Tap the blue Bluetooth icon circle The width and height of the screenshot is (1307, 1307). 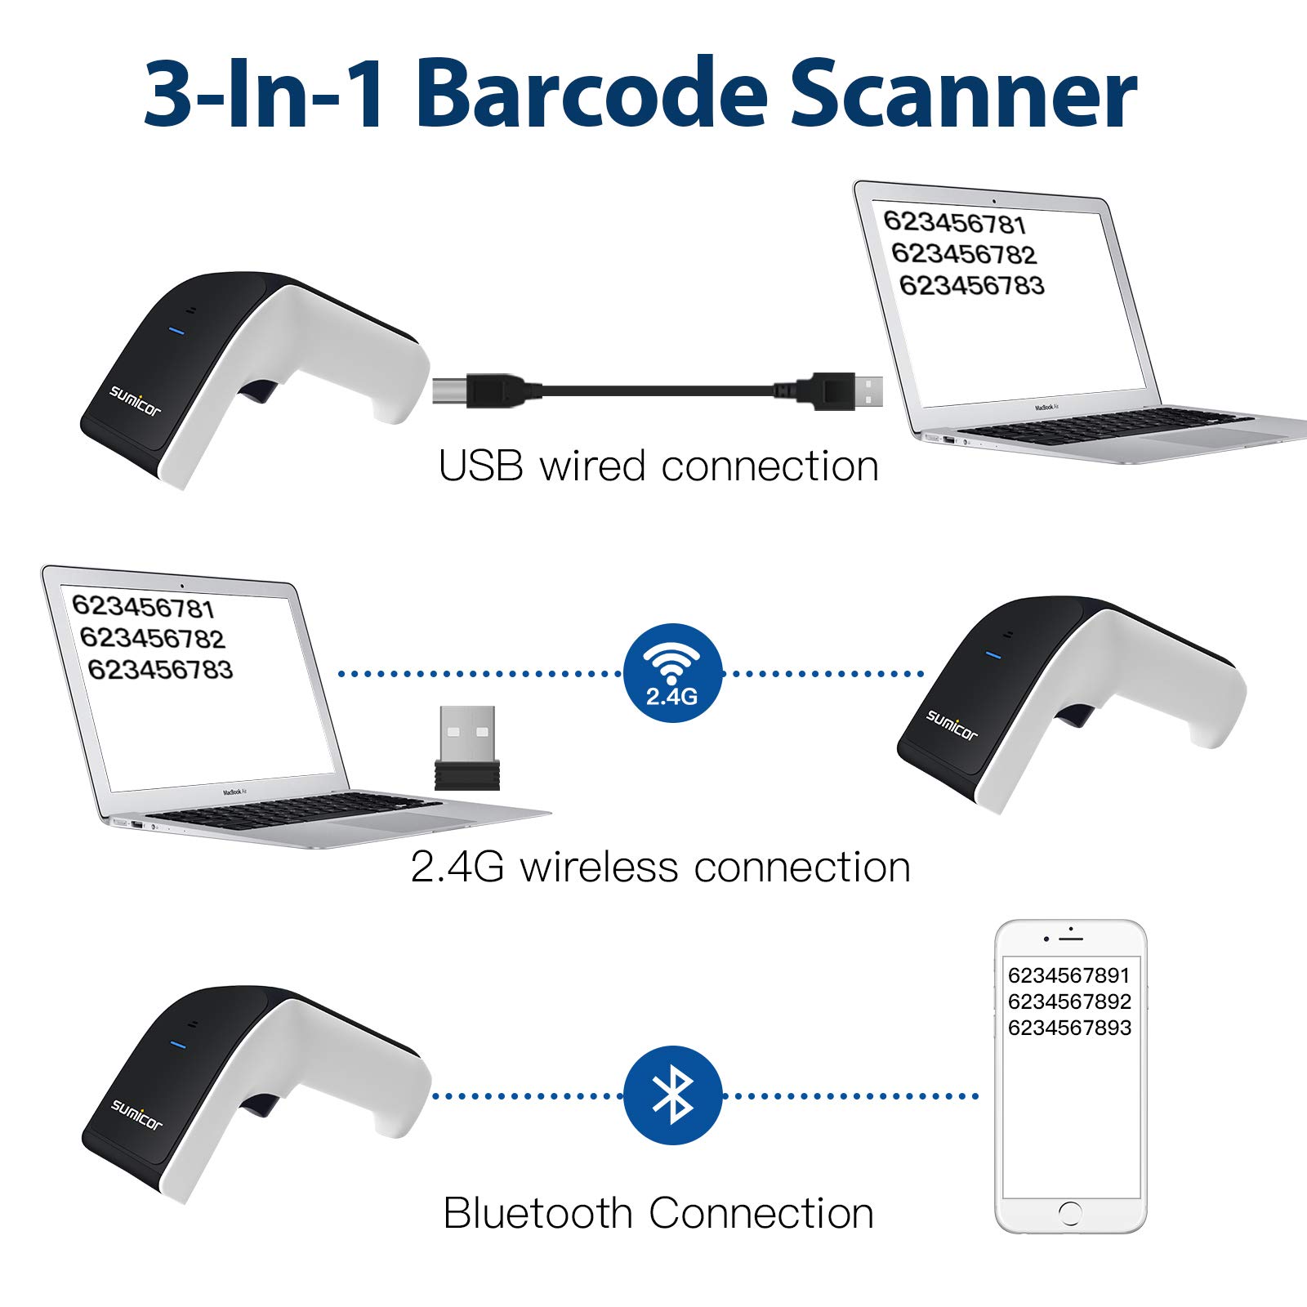pyautogui.click(x=672, y=1095)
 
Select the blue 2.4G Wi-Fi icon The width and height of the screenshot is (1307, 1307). pyautogui.click(x=672, y=673)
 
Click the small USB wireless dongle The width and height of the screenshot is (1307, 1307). pyautogui.click(x=467, y=747)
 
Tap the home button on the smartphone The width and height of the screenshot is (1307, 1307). pyautogui.click(x=1070, y=1212)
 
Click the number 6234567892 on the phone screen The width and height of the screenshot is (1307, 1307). pyautogui.click(x=1069, y=1001)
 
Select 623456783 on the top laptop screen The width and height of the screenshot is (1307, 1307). pyautogui.click(x=971, y=285)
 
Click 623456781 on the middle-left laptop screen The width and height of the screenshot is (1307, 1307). pyautogui.click(x=143, y=607)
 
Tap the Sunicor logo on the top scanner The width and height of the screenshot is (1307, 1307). pyautogui.click(x=136, y=401)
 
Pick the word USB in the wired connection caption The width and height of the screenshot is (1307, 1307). pyautogui.click(x=480, y=466)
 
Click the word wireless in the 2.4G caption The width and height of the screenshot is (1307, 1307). pyautogui.click(x=599, y=867)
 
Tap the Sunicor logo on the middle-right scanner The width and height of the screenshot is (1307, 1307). pyautogui.click(x=952, y=725)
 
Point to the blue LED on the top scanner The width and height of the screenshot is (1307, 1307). pyautogui.click(x=176, y=331)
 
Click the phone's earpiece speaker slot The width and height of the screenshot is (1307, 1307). pyautogui.click(x=1070, y=937)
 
